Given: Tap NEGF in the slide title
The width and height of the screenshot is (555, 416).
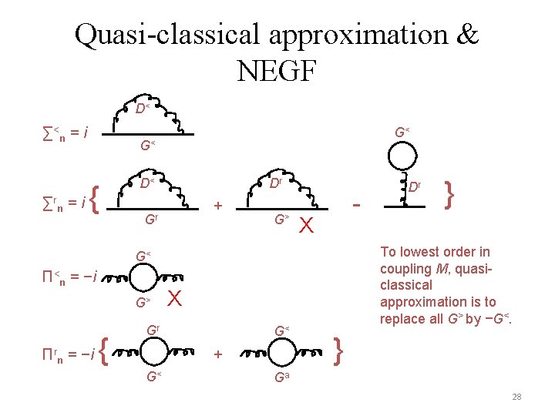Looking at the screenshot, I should click(x=277, y=71).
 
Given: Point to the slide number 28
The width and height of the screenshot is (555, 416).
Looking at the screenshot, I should click(x=516, y=397).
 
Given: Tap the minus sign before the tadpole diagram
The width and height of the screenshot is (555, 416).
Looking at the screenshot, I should click(x=356, y=205).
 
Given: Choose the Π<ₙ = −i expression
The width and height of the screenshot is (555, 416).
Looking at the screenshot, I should click(x=69, y=277).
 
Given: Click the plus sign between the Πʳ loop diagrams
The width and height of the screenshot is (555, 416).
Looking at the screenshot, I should click(x=217, y=354).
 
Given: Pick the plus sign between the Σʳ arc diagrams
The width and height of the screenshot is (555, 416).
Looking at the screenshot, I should click(x=217, y=206).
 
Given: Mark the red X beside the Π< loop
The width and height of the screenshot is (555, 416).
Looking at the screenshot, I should click(x=174, y=297).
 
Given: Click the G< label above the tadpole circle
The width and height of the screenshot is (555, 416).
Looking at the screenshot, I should click(x=401, y=133).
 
